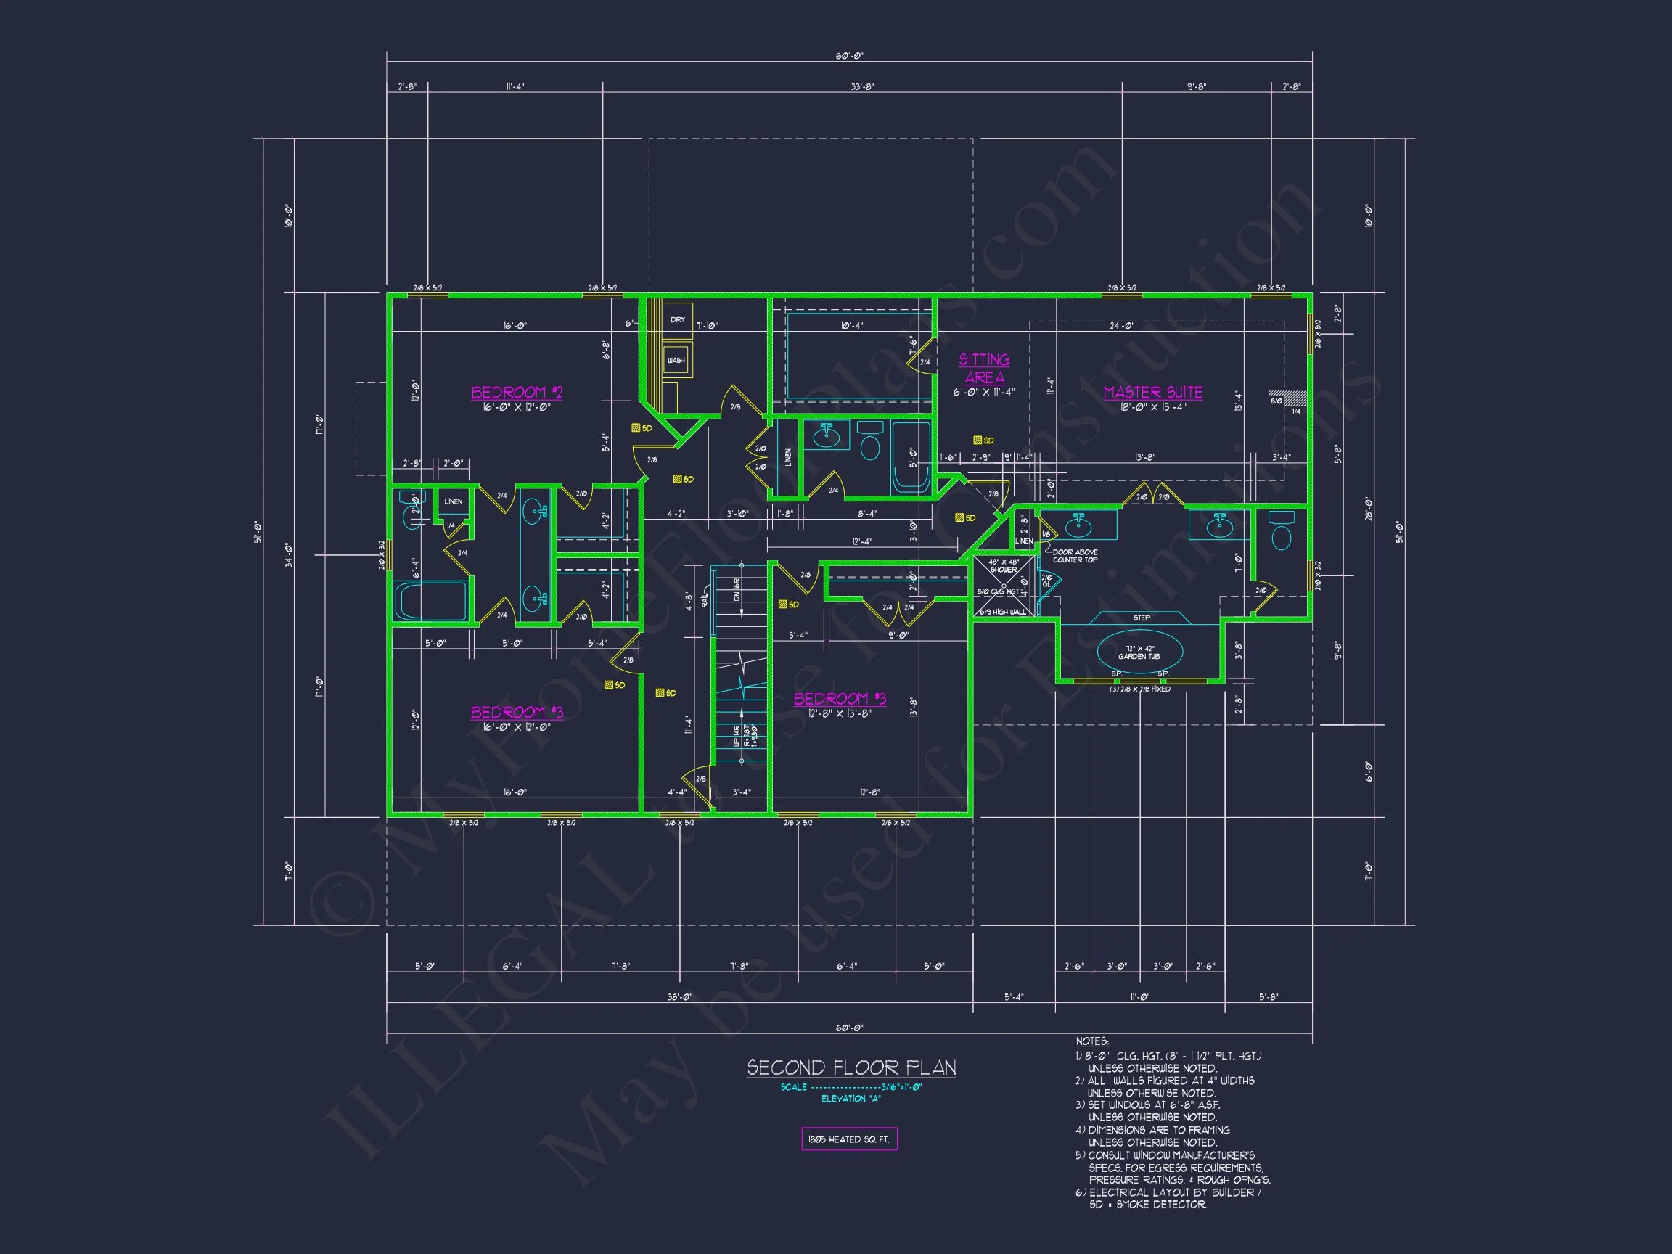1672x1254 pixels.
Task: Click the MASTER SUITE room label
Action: (x=1152, y=393)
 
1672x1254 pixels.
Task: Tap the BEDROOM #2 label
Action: (x=516, y=393)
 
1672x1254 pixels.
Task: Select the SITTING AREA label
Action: (x=984, y=368)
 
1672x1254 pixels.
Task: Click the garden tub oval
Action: (x=1140, y=652)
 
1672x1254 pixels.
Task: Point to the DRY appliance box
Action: (x=678, y=321)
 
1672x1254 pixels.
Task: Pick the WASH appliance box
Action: (x=676, y=361)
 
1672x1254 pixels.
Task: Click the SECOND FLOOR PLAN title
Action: (x=851, y=1067)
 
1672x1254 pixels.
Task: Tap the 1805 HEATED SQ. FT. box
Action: (x=849, y=1139)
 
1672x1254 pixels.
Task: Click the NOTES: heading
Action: (x=1092, y=1041)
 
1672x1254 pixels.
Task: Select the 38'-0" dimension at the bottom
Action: (x=679, y=997)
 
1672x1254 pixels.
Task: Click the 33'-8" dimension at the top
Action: (x=861, y=87)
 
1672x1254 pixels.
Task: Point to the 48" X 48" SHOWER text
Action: (x=1003, y=565)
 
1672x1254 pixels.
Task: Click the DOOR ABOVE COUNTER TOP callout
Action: (x=1075, y=556)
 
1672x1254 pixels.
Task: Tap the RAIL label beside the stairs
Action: (x=705, y=600)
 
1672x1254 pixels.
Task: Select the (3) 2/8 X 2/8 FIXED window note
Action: (x=1140, y=689)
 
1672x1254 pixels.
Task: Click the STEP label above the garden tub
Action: (x=1142, y=618)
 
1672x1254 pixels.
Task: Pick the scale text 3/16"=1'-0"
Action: (x=901, y=1087)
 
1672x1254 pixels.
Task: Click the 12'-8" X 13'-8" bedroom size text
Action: (x=840, y=713)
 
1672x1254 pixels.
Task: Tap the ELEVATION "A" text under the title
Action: (x=851, y=1099)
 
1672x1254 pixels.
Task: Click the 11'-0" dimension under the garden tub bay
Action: (x=1140, y=997)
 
